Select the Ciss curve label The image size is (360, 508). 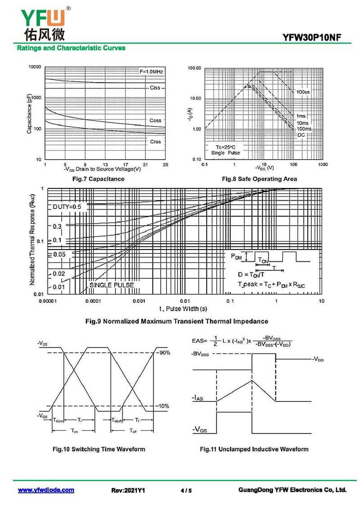(155, 88)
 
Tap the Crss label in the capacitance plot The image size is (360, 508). (155, 142)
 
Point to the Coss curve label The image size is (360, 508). (155, 120)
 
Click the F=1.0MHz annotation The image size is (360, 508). (151, 72)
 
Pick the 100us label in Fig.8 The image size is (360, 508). (303, 92)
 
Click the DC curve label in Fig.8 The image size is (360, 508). (301, 135)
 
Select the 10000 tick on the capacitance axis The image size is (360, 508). (35, 67)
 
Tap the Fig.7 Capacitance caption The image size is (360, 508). (99, 179)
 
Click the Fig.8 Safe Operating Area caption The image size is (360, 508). (260, 179)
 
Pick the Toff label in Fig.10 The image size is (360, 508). (134, 431)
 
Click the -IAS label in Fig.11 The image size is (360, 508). (198, 398)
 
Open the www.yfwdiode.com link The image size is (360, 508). (46, 490)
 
